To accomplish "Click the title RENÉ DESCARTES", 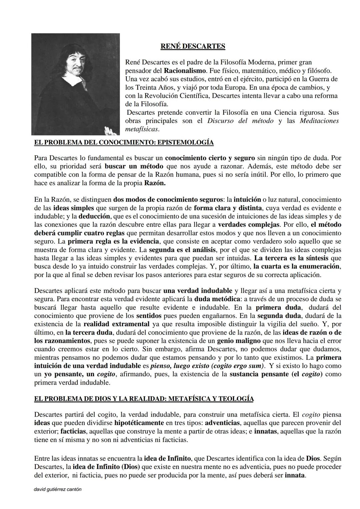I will [x=193, y=46].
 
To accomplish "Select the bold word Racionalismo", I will [x=185, y=71].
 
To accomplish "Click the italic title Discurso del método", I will [x=240, y=121].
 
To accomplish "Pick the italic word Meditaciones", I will [x=319, y=121].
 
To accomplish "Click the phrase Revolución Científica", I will [x=177, y=96].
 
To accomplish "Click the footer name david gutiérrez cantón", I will [x=58, y=489].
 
